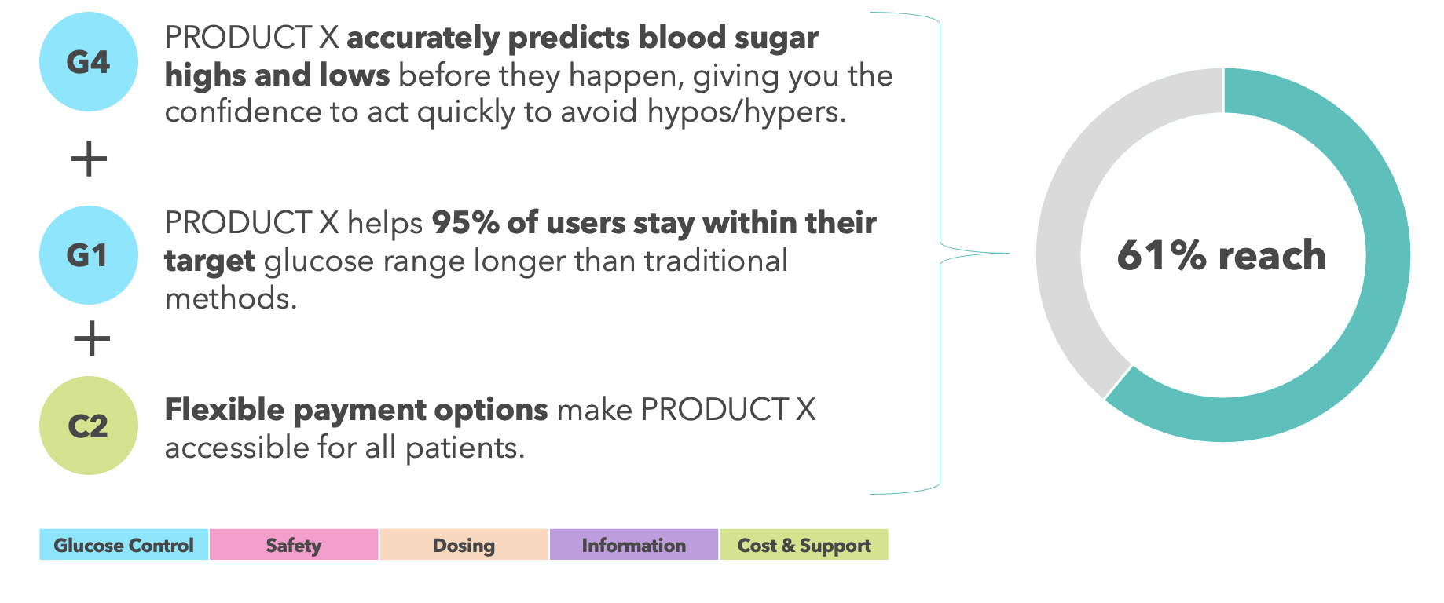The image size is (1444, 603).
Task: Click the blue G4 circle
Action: [89, 62]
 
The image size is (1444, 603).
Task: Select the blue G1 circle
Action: [89, 255]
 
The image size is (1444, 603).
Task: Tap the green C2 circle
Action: [89, 426]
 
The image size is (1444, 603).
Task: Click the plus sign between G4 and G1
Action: [89, 159]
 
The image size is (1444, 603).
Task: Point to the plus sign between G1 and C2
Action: [92, 338]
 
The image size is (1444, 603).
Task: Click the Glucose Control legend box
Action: [124, 545]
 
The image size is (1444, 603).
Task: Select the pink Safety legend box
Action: [294, 545]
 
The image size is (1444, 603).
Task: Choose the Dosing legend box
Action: [464, 545]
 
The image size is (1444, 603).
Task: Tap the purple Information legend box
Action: [634, 545]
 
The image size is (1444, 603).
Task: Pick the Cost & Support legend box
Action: [804, 545]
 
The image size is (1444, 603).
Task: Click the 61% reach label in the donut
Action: [1222, 256]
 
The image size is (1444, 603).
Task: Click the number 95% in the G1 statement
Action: [466, 223]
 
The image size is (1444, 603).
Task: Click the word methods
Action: [231, 298]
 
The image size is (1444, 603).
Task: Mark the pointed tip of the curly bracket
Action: [1009, 253]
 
